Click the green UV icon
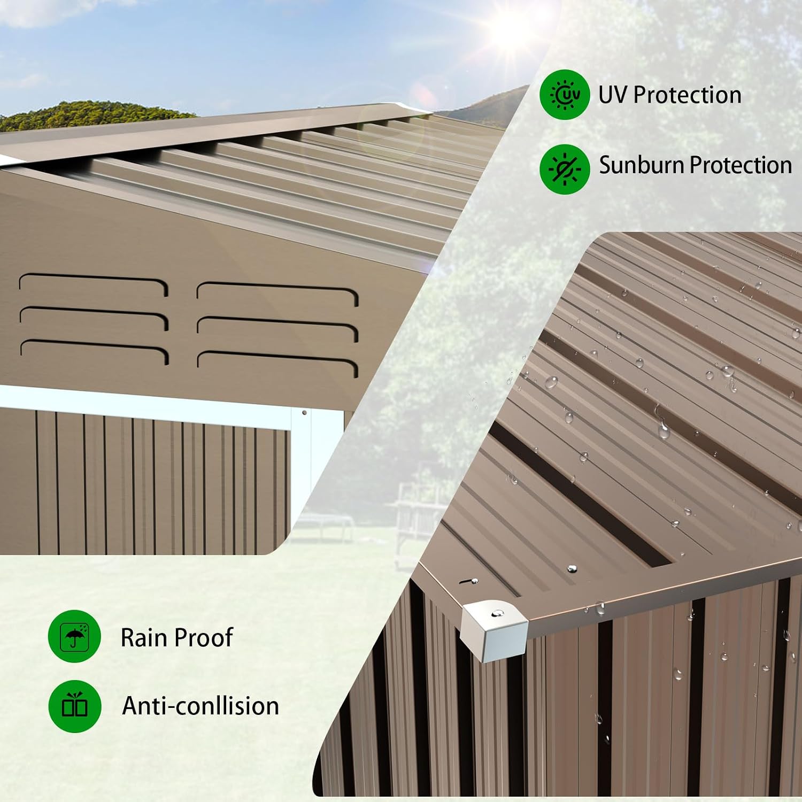565,95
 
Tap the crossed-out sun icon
565,169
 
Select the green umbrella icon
74,636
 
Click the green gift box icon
74,706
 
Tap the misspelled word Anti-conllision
200,706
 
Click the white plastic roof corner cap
493,630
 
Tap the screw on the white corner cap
498,613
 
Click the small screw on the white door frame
304,413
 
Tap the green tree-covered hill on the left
91,115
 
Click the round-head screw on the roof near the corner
572,568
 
